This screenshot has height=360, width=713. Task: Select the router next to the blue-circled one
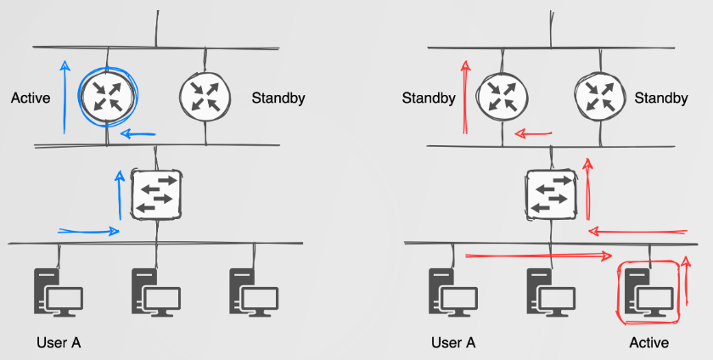[x=204, y=95]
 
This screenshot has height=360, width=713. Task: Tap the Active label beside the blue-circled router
[x=31, y=98]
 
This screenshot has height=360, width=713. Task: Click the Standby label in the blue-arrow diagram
[x=278, y=98]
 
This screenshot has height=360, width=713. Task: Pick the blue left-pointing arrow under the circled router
[x=138, y=133]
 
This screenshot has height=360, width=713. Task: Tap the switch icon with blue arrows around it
[x=156, y=194]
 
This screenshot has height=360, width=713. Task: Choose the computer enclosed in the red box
[x=650, y=292]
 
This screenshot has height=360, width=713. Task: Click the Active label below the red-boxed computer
[x=649, y=343]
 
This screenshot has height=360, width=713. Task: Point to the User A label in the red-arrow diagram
[x=453, y=343]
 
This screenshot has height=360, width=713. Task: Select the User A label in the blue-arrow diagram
[x=59, y=343]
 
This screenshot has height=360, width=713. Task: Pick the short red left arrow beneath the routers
[x=534, y=133]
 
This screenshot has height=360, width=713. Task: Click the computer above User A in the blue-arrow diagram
[x=58, y=292]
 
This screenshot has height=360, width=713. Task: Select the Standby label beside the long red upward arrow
[x=429, y=98]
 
